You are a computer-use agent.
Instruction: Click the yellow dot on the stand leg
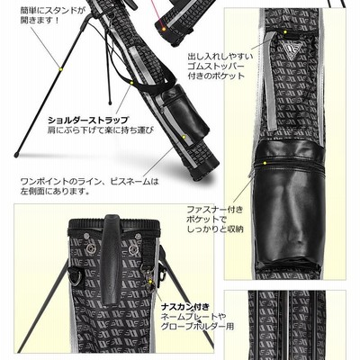coord(61,69)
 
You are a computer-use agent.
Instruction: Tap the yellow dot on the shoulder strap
coord(131,82)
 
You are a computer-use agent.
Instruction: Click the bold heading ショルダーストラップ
coord(88,121)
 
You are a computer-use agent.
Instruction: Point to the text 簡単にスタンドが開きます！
coord(52,15)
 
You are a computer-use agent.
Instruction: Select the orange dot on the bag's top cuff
coord(164,29)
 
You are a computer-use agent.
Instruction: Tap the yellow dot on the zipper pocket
coord(265,163)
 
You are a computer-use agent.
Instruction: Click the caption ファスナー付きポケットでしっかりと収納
coord(215,220)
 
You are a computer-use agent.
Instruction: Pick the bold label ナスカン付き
coord(184,307)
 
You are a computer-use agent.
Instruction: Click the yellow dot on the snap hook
coord(151,282)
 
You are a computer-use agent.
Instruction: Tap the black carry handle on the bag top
coord(111,259)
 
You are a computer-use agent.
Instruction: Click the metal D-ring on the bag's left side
coord(74,276)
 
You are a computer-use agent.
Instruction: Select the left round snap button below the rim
coord(90,248)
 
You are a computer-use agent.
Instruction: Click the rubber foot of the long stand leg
coord(16,155)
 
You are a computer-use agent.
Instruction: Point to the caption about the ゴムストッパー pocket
coord(220,66)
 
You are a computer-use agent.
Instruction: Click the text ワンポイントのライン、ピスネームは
coord(89,182)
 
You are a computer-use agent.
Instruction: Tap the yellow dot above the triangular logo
coord(285,31)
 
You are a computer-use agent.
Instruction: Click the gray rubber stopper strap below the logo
coord(271,81)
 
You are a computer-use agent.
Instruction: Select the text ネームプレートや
coord(193,317)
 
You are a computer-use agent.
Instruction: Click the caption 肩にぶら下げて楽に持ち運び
coord(101,130)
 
